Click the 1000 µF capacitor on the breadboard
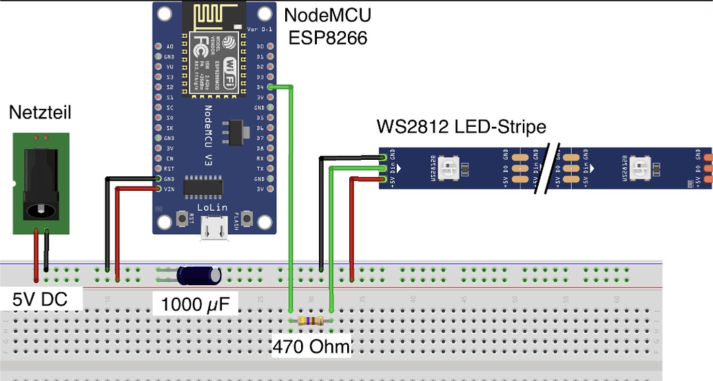pyautogui.click(x=199, y=275)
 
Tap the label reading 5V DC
pyautogui.click(x=41, y=300)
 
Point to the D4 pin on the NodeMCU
pyautogui.click(x=270, y=87)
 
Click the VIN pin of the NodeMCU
pyautogui.click(x=159, y=188)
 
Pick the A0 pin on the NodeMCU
pyautogui.click(x=159, y=46)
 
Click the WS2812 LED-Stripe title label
pyautogui.click(x=461, y=127)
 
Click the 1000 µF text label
pyautogui.click(x=195, y=303)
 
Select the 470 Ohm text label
pyautogui.click(x=311, y=346)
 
